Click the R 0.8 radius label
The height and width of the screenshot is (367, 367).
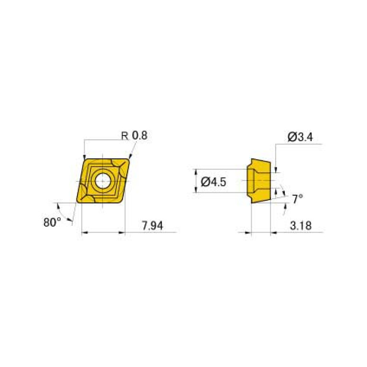[x=134, y=136]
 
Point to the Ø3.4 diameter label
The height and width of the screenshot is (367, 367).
[x=300, y=137]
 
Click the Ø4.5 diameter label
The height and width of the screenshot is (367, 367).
[x=213, y=181]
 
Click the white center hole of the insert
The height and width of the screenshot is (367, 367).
[x=102, y=181]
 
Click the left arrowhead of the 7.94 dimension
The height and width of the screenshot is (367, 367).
[x=85, y=233]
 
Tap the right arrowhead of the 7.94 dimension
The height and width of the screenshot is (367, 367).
[x=122, y=233]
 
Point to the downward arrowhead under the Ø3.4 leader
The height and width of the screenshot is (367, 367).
[x=277, y=167]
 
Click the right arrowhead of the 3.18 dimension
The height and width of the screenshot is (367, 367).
[x=274, y=233]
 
